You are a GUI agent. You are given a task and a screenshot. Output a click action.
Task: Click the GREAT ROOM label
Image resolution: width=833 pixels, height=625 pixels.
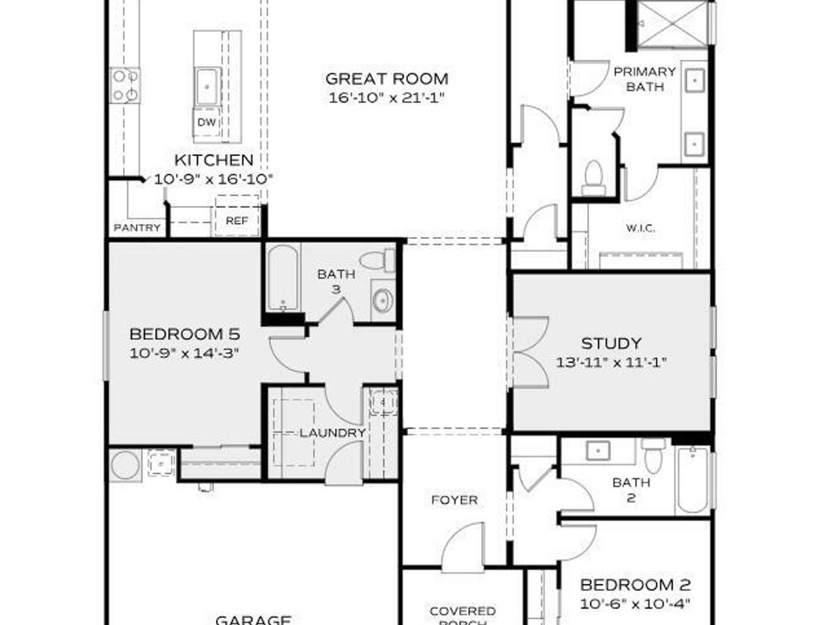387,79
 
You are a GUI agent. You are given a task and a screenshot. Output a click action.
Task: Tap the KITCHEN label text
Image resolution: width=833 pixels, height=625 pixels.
213,160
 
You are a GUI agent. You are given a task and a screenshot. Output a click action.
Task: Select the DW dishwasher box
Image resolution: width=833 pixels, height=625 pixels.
207,122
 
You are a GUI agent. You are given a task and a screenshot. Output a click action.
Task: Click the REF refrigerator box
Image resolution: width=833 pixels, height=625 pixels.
237,221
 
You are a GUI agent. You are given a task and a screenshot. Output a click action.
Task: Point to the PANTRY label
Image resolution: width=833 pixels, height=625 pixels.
137,228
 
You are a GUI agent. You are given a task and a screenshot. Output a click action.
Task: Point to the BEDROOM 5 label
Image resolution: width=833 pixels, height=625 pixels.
185,335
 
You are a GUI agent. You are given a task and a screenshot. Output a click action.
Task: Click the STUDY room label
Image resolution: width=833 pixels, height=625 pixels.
611,343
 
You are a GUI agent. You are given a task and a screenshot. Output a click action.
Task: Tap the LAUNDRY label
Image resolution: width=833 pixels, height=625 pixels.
333,433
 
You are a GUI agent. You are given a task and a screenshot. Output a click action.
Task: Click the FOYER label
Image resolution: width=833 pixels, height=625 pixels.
454,500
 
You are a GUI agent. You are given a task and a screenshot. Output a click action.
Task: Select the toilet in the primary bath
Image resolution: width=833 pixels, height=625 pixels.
593,178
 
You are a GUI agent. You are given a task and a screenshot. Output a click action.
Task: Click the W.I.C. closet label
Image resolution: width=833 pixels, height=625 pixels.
640,229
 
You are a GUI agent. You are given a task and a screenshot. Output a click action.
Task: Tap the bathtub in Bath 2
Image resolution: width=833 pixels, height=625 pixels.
693,482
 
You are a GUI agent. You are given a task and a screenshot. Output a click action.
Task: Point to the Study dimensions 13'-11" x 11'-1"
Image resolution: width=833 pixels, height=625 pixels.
611,363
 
